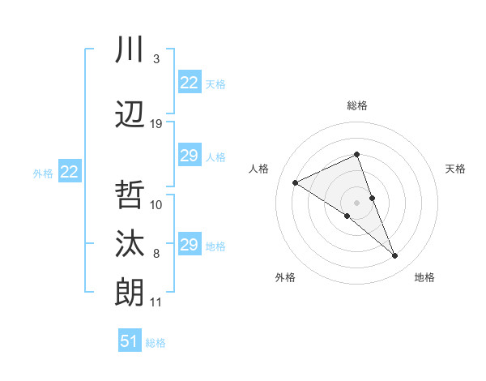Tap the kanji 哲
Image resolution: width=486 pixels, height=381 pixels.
tap(130, 195)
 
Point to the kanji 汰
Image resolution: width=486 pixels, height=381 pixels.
tap(130, 243)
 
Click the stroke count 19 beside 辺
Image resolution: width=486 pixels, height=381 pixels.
tap(156, 124)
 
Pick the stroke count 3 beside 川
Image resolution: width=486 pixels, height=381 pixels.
tap(156, 59)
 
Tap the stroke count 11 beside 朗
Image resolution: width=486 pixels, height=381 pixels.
tap(156, 302)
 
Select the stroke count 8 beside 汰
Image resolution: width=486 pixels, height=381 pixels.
tap(156, 254)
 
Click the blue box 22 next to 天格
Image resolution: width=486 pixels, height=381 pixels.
tap(190, 83)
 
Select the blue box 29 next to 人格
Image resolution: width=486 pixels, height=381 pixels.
tap(190, 156)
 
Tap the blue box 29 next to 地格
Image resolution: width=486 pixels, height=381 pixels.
tap(190, 245)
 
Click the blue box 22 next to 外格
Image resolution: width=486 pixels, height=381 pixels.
tap(70, 172)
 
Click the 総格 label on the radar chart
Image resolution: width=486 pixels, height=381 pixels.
tap(357, 105)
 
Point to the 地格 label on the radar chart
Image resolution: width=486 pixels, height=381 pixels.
tap(424, 277)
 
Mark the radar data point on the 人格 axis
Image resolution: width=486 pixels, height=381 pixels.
tap(296, 182)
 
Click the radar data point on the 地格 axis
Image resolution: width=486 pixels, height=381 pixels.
tap(395, 256)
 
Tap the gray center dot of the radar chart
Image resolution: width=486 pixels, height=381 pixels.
tap(356, 201)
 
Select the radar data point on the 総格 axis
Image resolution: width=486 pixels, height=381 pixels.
tap(356, 154)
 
